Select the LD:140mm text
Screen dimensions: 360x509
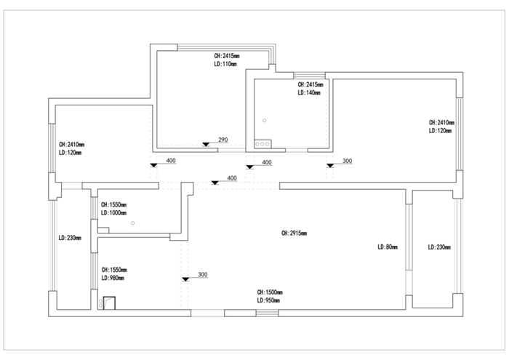click(310, 93)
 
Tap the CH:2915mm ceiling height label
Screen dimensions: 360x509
click(294, 233)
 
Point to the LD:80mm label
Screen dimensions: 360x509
click(388, 247)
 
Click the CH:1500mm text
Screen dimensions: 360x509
click(269, 291)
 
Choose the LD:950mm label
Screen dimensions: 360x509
click(268, 300)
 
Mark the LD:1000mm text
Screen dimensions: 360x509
click(113, 213)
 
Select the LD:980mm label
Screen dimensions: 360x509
click(113, 277)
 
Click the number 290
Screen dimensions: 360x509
click(223, 140)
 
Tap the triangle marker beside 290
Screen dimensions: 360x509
click(207, 143)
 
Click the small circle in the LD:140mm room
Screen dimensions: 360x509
click(265, 120)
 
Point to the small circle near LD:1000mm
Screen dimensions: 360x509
click(133, 223)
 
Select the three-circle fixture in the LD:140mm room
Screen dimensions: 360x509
click(262, 143)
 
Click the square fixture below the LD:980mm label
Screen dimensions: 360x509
click(110, 302)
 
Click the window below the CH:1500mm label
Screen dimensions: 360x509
click(267, 313)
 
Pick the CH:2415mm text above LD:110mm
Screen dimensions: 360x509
click(227, 55)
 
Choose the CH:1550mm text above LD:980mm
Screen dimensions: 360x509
click(113, 269)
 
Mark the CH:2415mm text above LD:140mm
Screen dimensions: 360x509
click(310, 85)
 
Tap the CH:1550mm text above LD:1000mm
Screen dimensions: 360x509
click(114, 205)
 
